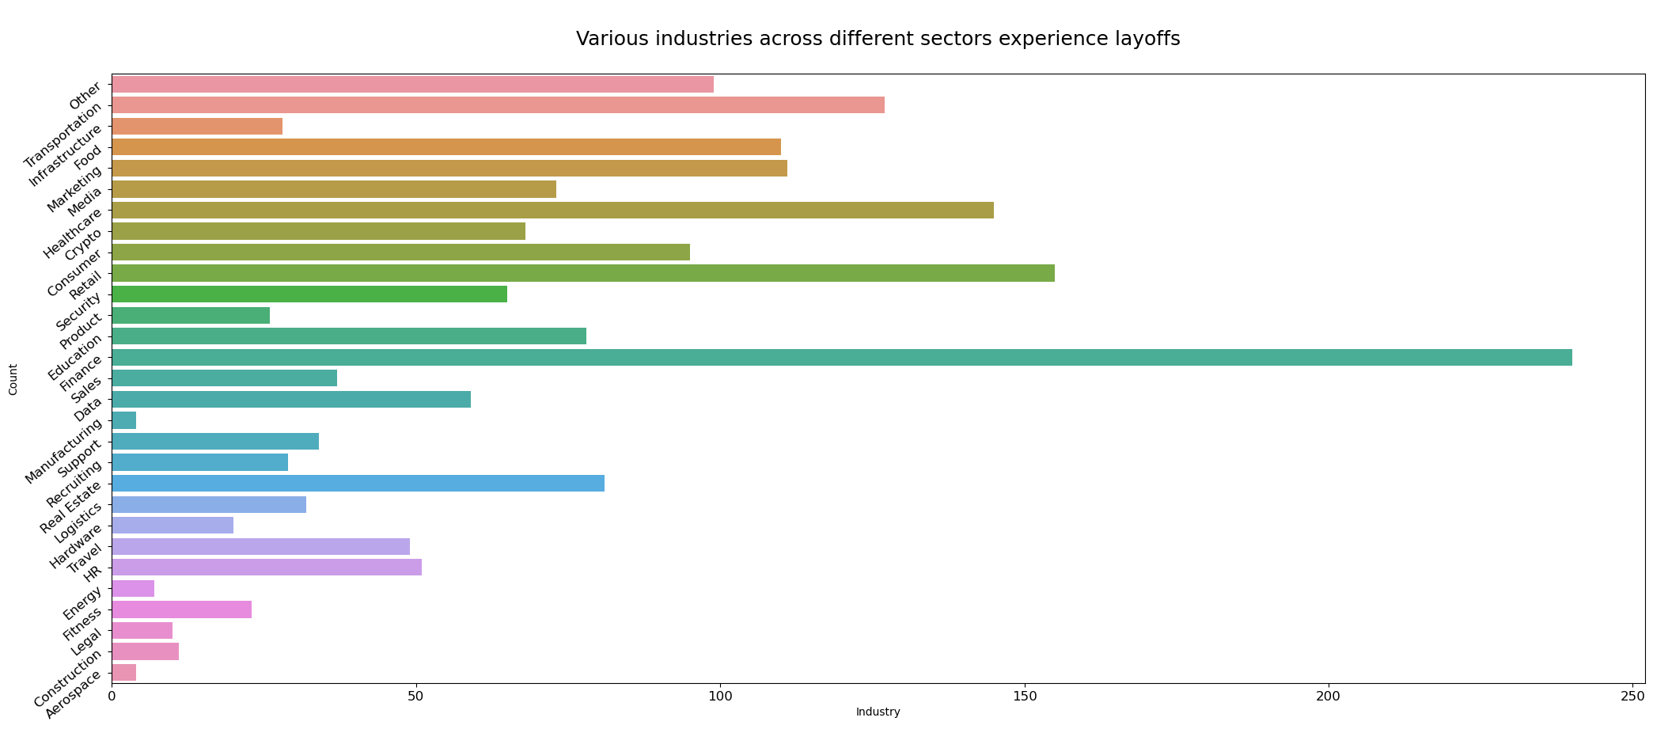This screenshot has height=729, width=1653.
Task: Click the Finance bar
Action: click(x=841, y=357)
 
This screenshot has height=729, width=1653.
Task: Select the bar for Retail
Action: click(x=582, y=273)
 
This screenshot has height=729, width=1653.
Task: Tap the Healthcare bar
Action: click(x=552, y=210)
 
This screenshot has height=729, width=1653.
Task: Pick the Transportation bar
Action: click(x=498, y=105)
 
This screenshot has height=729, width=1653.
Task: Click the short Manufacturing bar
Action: click(x=124, y=420)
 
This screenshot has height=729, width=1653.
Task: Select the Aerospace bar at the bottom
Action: click(x=124, y=672)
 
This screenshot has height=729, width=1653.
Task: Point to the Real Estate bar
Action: click(x=358, y=483)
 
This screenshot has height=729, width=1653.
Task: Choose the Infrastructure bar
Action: click(x=197, y=126)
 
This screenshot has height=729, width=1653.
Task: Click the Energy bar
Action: click(x=133, y=588)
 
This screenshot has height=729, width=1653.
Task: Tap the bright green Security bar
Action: click(x=309, y=294)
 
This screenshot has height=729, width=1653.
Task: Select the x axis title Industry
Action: click(x=878, y=712)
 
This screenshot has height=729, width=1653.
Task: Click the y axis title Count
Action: click(x=13, y=379)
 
